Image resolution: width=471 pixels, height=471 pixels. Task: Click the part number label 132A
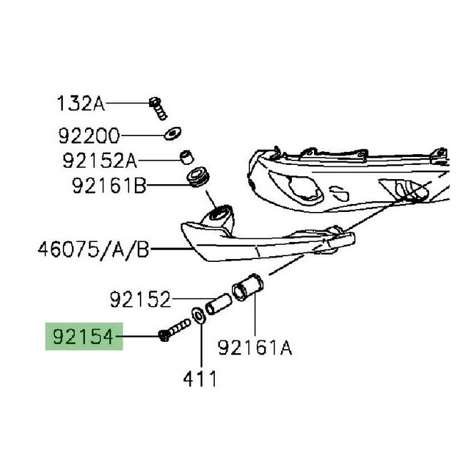(81, 104)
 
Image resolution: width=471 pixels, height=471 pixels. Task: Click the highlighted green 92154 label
(83, 336)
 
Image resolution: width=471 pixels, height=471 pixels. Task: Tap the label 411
(200, 379)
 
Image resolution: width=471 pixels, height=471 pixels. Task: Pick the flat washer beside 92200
(171, 133)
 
